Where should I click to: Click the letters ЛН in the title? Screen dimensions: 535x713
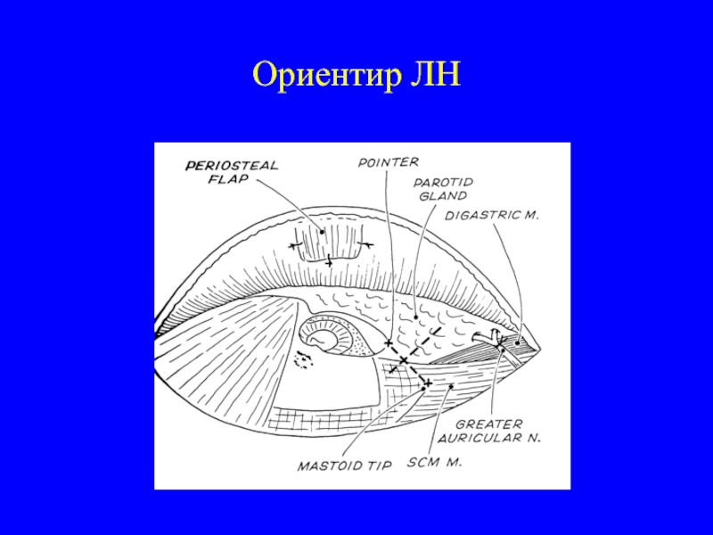(434, 75)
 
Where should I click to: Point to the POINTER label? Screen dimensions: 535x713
(388, 162)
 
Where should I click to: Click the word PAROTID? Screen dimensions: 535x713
(442, 182)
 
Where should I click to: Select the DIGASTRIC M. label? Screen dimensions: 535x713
(492, 215)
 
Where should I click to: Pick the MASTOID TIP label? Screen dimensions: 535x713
(332, 465)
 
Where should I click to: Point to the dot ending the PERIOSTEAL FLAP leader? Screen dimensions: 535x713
(322, 233)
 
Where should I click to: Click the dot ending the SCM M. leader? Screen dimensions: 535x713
(452, 386)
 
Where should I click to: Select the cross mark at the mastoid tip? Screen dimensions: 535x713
(427, 383)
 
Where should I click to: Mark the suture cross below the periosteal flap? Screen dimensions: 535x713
(329, 261)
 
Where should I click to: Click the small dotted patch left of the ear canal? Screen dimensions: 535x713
(305, 359)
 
